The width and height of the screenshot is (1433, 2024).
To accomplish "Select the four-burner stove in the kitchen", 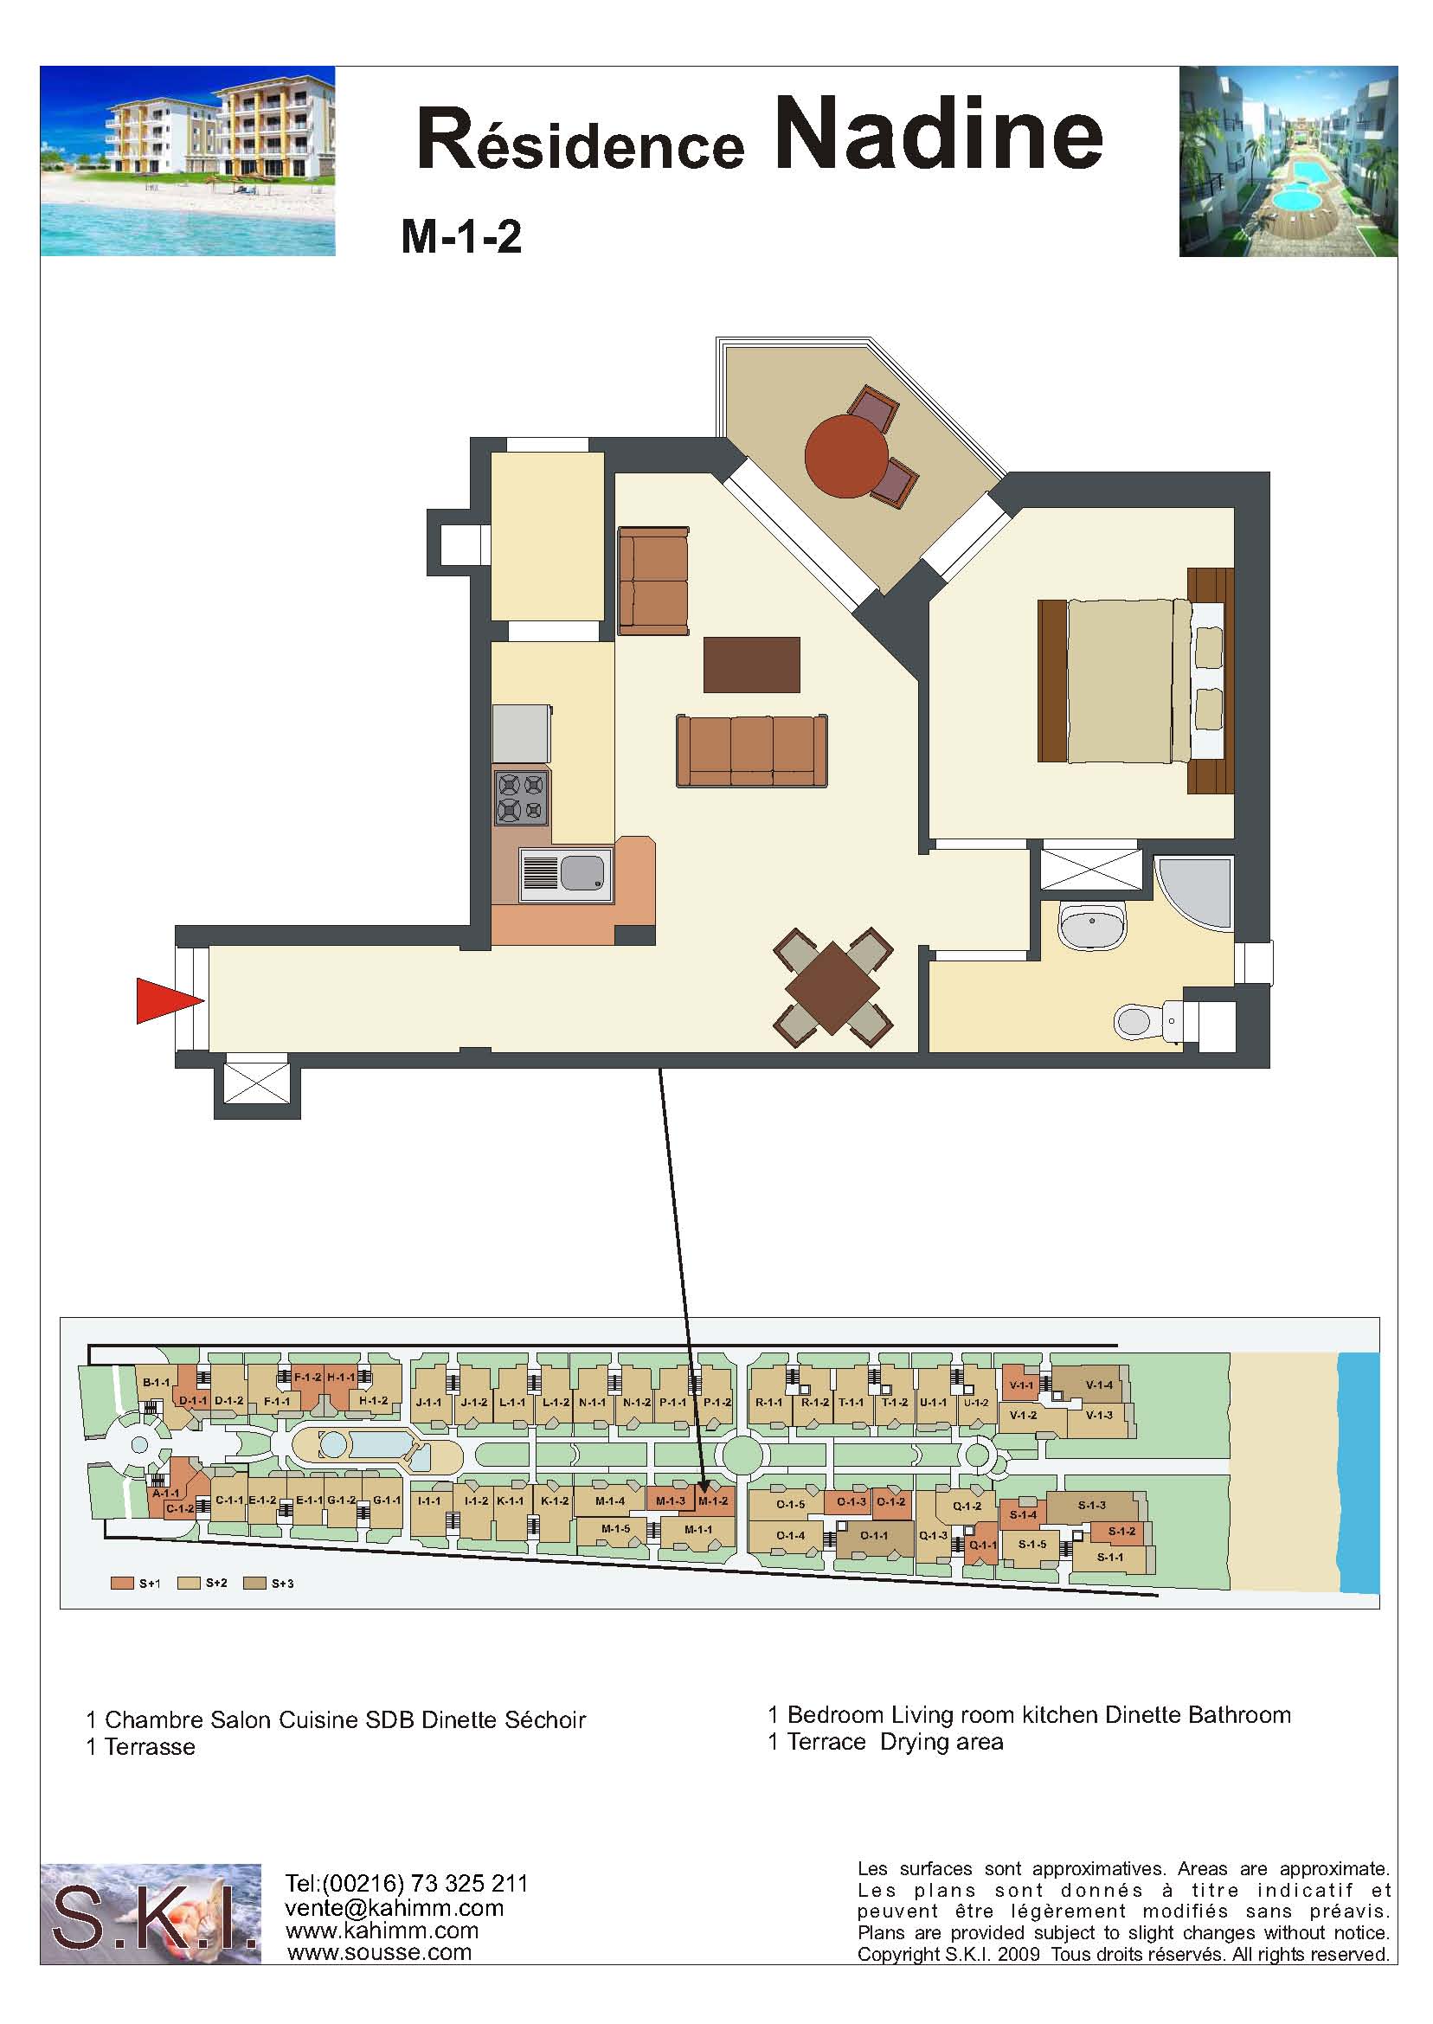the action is click(x=523, y=798).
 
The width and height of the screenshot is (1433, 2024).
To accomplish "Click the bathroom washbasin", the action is click(x=1092, y=926).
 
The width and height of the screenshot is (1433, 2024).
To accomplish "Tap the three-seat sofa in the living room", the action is click(x=752, y=750).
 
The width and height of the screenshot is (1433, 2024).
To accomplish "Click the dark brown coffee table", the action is click(x=752, y=665).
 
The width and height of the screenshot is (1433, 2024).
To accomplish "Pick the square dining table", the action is click(x=833, y=987).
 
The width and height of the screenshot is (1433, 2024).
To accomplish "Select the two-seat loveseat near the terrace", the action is click(x=653, y=581).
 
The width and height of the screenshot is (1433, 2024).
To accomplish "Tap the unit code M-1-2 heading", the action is click(x=461, y=236).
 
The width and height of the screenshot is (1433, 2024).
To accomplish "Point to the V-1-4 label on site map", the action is click(x=1099, y=1385).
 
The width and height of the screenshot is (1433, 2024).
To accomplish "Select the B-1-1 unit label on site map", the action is click(x=156, y=1383).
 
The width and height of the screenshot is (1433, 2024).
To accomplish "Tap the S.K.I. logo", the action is click(x=151, y=1914).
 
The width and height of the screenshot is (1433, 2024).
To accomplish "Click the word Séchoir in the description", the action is click(x=545, y=1719).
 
